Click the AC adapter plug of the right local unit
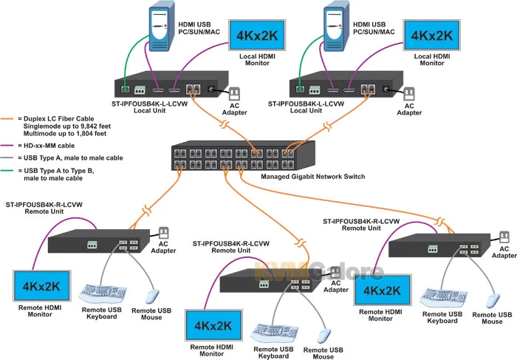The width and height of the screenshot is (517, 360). [x=408, y=94]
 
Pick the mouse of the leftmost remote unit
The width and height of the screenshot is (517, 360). [x=151, y=295]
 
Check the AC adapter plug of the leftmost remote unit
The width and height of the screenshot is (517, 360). [x=163, y=232]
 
